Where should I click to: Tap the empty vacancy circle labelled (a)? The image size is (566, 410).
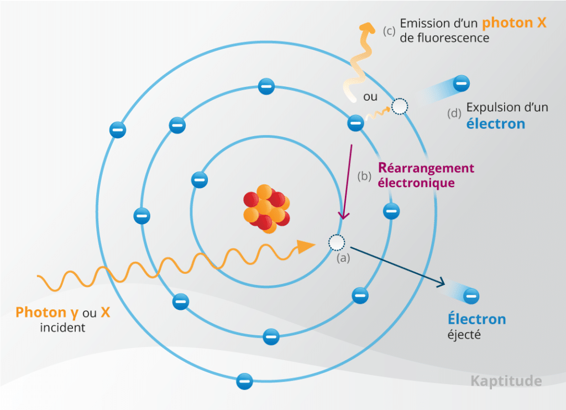click(x=336, y=242)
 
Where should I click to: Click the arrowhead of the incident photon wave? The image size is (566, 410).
click(x=306, y=247)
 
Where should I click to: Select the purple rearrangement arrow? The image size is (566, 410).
click(x=348, y=183)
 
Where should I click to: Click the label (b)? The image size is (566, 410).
click(x=364, y=177)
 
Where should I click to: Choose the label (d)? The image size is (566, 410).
click(x=454, y=114)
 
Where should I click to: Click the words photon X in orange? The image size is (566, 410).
click(x=513, y=23)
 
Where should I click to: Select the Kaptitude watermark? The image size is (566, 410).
click(x=506, y=381)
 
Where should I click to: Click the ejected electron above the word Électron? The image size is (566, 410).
click(x=471, y=297)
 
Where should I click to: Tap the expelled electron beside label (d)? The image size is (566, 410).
click(x=462, y=84)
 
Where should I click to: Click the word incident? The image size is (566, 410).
click(x=62, y=328)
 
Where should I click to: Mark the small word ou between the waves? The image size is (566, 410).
click(x=370, y=97)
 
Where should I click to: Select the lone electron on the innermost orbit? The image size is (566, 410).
click(x=199, y=179)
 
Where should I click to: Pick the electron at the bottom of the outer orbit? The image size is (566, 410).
click(x=244, y=381)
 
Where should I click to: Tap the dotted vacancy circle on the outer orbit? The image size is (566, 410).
click(x=399, y=106)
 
